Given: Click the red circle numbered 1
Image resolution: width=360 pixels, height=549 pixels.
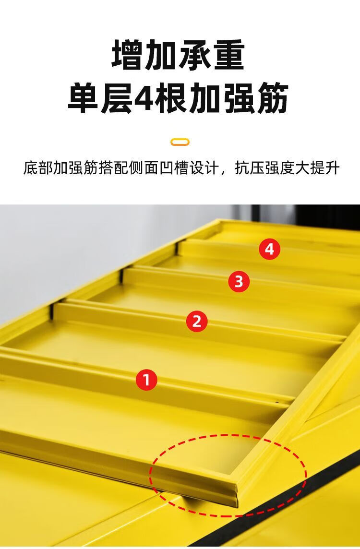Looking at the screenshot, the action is tap(146, 380).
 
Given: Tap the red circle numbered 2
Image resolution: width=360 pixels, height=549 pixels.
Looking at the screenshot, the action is tap(196, 321).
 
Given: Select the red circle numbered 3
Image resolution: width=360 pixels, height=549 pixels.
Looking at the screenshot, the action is tap(239, 281).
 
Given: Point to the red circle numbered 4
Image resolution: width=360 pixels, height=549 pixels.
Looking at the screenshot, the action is tap(269, 249).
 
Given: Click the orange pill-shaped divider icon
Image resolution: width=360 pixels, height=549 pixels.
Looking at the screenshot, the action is tap(180, 142).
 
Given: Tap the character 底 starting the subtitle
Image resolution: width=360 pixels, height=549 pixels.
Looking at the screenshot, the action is tap(30, 167).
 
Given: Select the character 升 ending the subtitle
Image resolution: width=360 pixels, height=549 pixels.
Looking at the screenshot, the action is tap(332, 167).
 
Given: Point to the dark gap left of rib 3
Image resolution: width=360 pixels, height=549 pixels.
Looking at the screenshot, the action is tap(121, 274).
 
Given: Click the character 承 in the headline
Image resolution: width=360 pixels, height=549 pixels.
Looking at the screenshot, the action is tap(195, 55).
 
